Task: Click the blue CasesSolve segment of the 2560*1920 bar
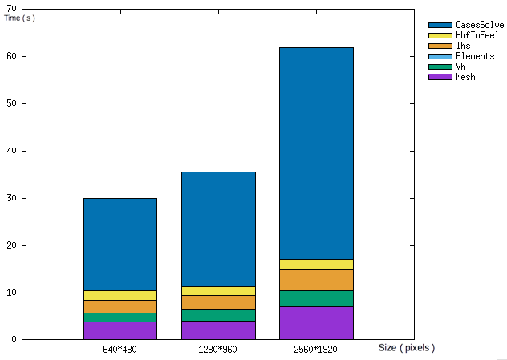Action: point(317,152)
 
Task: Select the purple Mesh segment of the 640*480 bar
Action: point(120,330)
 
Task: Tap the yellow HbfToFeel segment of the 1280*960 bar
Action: point(218,290)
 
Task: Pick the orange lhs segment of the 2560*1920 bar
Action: point(317,280)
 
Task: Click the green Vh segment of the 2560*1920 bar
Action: point(317,298)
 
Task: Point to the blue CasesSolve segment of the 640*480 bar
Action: point(120,244)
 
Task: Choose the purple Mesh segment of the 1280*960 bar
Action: point(218,330)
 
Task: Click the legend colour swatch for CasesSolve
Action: point(440,26)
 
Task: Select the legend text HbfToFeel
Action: point(477,35)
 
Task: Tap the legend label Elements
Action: point(475,56)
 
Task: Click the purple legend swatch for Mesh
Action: point(440,77)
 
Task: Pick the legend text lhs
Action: point(463,46)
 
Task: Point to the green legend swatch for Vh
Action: point(440,67)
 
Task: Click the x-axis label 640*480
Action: point(120,350)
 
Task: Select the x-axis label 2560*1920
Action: point(317,350)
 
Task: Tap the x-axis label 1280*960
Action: point(218,350)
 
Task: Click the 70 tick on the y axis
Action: point(11,9)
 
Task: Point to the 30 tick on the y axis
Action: point(11,198)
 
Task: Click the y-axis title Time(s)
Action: point(19,18)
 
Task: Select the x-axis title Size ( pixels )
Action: point(406,348)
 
